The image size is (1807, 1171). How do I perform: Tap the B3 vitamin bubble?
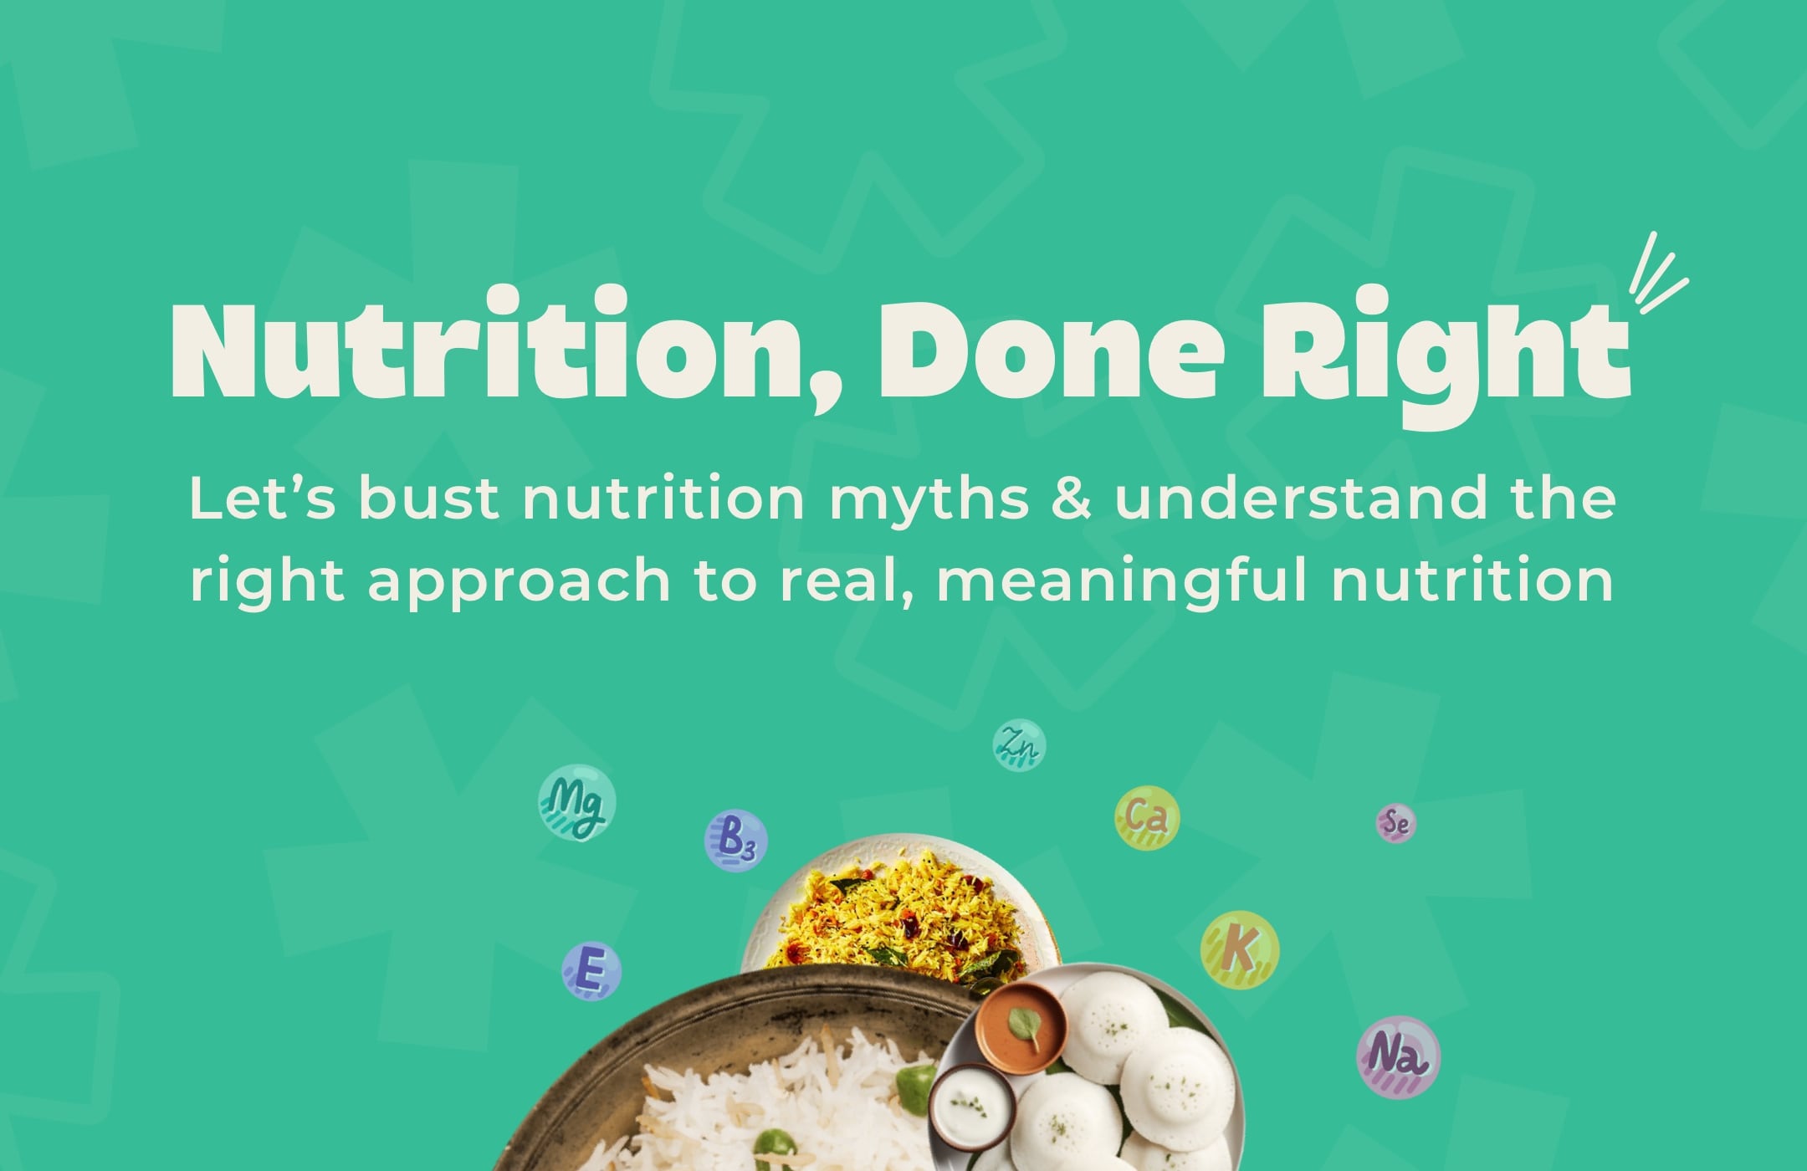coord(735,841)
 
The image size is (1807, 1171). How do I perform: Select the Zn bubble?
coord(1019,744)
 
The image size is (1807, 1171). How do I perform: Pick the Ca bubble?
coord(1147,816)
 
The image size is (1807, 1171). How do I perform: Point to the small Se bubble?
coord(1396,823)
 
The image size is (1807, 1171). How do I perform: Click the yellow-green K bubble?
coord(1240,949)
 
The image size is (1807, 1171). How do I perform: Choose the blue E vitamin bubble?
coord(591,970)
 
